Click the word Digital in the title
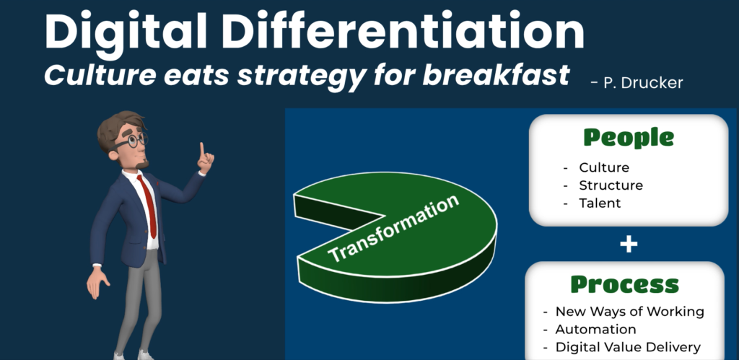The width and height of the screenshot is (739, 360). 126,32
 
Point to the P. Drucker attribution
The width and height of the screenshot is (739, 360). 637,83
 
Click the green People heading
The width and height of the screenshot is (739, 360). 629,138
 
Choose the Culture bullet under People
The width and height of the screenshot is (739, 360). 604,167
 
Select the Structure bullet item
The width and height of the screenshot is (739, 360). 611,185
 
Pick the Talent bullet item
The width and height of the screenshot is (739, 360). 600,203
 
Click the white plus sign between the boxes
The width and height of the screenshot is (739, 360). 629,244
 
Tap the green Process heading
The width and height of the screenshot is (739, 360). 625,284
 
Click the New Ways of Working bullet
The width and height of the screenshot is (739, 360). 629,312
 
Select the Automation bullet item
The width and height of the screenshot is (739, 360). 595,329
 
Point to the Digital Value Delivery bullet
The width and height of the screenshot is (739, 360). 628,347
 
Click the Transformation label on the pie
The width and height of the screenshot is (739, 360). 393,229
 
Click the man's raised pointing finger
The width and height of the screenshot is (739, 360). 202,149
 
